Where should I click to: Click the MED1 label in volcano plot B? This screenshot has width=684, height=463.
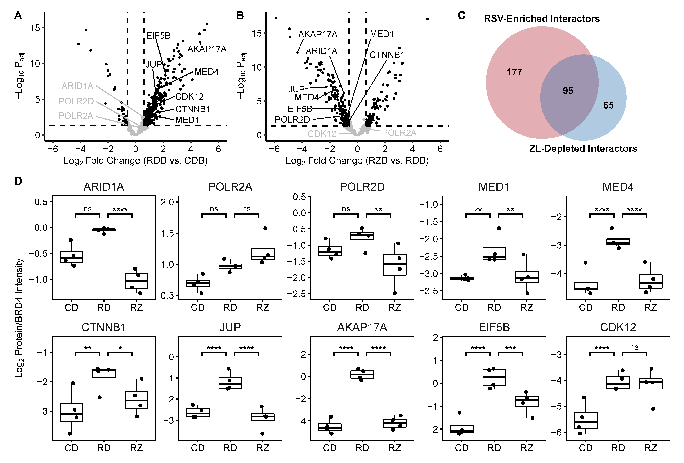point(382,34)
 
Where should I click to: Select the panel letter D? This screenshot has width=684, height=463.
point(18,181)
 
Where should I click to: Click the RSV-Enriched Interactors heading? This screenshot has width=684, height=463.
point(541,19)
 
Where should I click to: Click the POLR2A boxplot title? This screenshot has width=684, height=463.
point(230,187)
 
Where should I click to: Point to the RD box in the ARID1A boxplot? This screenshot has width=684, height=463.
point(104,230)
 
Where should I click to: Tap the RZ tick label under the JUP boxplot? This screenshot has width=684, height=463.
point(263,448)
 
